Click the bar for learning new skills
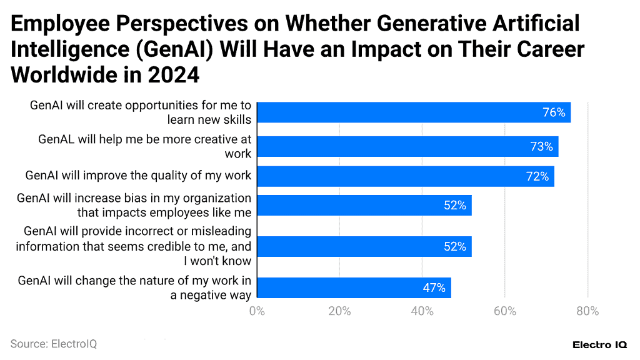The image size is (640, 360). pos(413,112)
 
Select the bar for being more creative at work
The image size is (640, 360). pos(407,147)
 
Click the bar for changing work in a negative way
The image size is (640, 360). pos(353,287)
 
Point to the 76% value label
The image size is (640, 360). pos(554,112)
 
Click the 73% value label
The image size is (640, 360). pos(541,147)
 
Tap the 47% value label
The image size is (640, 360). pos(434,288)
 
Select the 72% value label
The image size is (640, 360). pos(537,177)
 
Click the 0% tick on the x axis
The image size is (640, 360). pos(257,311)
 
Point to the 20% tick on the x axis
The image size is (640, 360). pos(339,311)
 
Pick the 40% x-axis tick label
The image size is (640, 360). pos(422,311)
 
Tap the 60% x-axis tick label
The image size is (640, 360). pos(505,311)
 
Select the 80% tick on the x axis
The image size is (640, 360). pos(587,311)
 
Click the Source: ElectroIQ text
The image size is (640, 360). pos(54,344)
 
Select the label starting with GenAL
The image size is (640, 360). pos(144,146)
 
